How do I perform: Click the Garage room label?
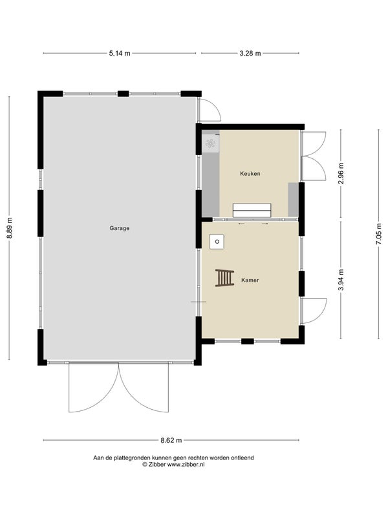tap(120, 228)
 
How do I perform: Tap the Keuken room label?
tap(250, 173)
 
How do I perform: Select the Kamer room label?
tap(250, 280)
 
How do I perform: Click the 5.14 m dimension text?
tap(120, 53)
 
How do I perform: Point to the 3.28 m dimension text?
tap(250, 53)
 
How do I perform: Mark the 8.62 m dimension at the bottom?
tap(171, 440)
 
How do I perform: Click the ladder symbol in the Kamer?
tap(224, 278)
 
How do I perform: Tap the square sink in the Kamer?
tap(217, 242)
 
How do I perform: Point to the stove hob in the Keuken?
tap(210, 143)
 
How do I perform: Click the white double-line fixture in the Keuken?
tap(252, 211)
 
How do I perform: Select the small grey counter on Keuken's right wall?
tap(294, 199)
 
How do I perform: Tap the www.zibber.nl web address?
tap(186, 464)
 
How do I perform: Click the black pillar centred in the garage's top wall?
tap(123, 94)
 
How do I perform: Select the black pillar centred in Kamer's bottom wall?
tap(248, 341)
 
